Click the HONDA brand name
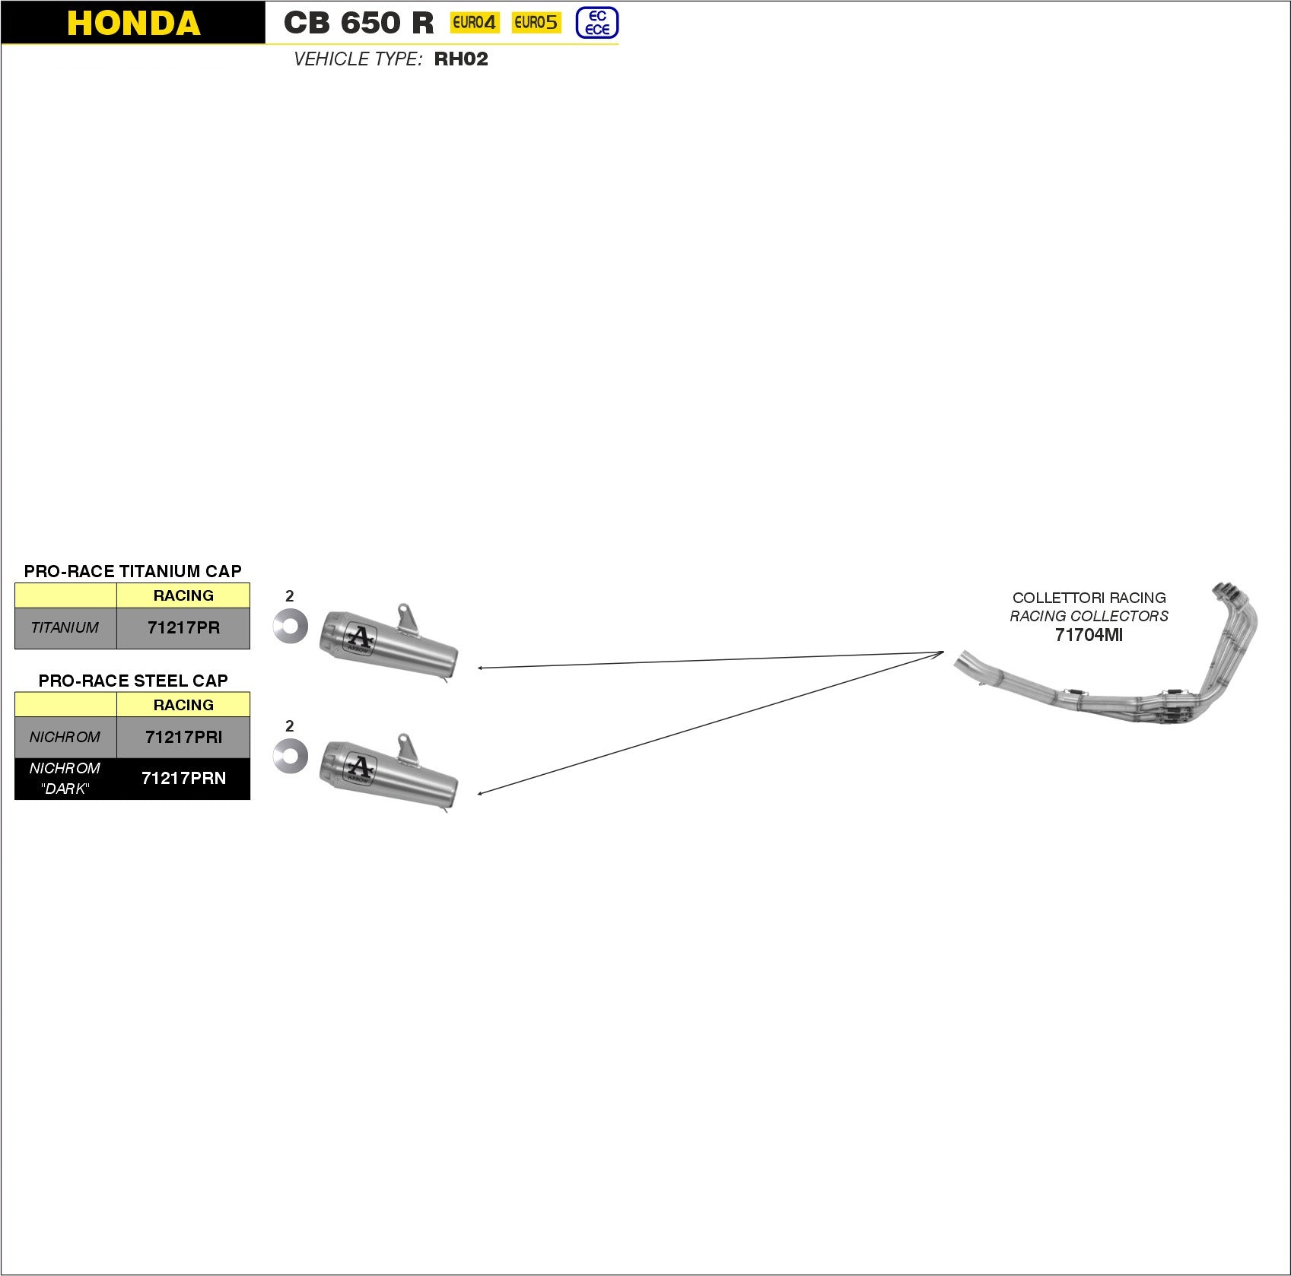[133, 23]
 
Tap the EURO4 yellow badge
[474, 23]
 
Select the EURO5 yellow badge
[536, 23]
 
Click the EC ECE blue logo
[597, 23]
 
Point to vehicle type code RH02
[461, 59]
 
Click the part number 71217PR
[183, 628]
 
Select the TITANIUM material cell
[65, 628]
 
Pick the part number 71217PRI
[183, 737]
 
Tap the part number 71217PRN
[183, 779]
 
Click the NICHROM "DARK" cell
[65, 779]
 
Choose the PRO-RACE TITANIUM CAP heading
[132, 571]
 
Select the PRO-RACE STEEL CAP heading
[133, 681]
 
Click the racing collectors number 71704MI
[1089, 635]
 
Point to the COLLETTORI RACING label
[1089, 598]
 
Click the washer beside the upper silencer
[291, 626]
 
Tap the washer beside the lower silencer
[291, 756]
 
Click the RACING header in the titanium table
[183, 595]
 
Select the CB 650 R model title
[358, 23]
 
